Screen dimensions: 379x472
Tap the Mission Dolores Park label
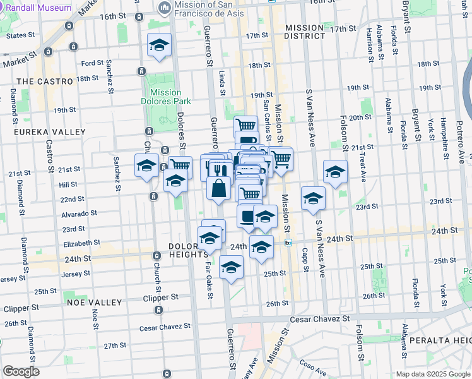point(166,97)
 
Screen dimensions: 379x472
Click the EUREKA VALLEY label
point(42,132)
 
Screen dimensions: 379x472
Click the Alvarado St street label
point(78,214)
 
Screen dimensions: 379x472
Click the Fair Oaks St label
point(209,277)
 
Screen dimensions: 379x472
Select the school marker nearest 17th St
point(160,45)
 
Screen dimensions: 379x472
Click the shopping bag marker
point(218,188)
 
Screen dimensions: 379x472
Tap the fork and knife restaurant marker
point(219,169)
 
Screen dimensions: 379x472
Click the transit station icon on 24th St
point(288,242)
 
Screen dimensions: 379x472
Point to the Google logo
point(21,371)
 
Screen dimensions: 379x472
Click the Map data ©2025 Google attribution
point(433,373)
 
